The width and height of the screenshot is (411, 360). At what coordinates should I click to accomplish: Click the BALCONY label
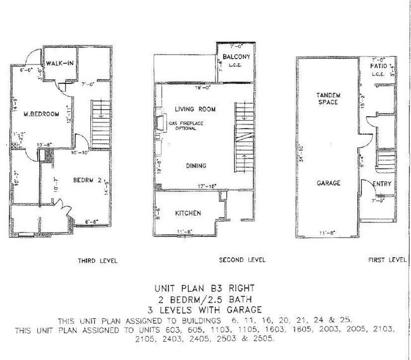tap(236, 57)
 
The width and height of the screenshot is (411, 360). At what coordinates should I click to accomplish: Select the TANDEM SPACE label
tap(329, 99)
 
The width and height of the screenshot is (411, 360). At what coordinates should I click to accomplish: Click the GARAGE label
tap(329, 183)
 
